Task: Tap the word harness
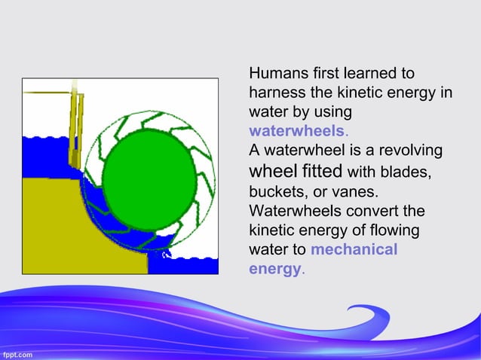(277, 93)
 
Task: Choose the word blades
(406, 171)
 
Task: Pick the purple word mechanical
(354, 249)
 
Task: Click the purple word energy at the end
(274, 269)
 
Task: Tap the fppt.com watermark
(17, 352)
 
